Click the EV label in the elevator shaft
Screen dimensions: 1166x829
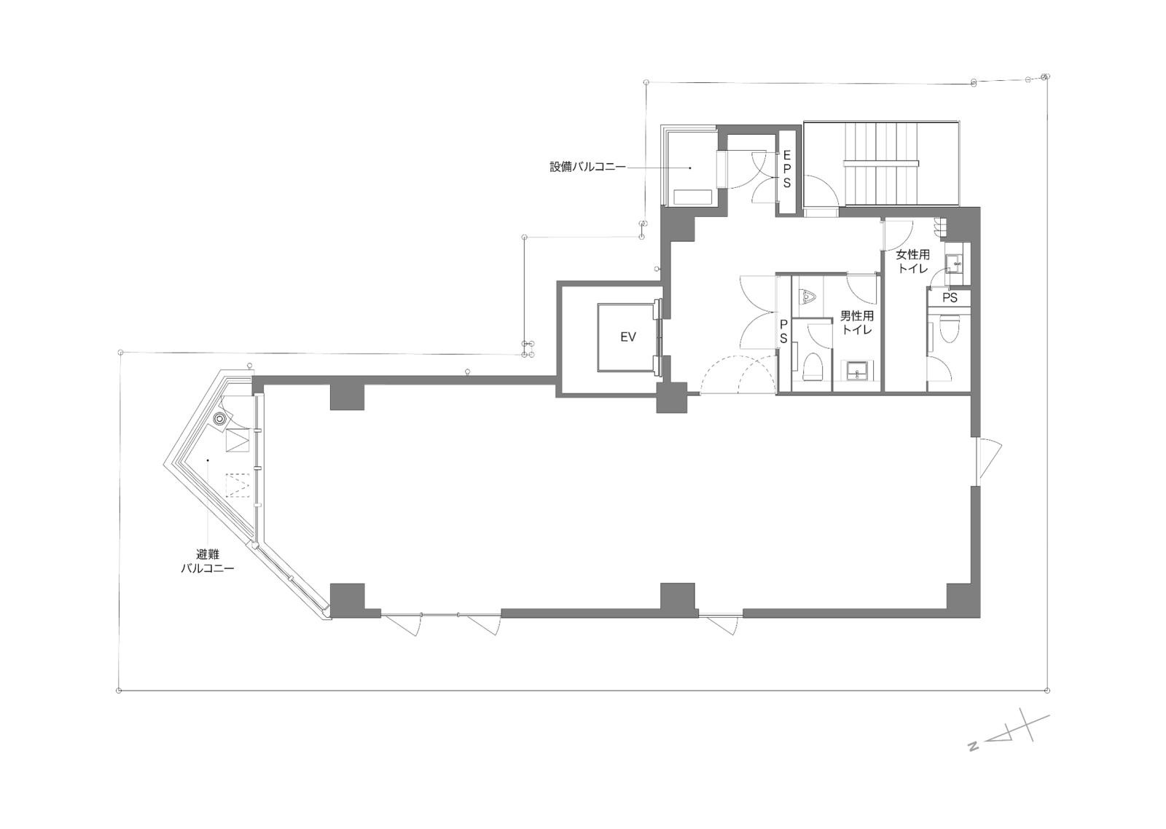(x=628, y=337)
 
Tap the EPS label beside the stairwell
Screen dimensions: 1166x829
(x=786, y=169)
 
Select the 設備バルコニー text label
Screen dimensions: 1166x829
(x=587, y=167)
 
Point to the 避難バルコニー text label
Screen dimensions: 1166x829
(x=207, y=561)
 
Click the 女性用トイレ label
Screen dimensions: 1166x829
(x=912, y=262)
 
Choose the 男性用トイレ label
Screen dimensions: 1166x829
(x=857, y=323)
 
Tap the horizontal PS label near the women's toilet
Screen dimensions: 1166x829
(x=950, y=298)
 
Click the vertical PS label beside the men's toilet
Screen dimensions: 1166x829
(x=783, y=331)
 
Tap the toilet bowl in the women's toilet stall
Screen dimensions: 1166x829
(x=947, y=330)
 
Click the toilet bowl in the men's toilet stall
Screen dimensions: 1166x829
(x=813, y=366)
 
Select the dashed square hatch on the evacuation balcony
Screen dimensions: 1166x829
(x=238, y=486)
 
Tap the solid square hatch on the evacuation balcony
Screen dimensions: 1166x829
(x=238, y=440)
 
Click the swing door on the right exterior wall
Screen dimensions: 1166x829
(x=988, y=458)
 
